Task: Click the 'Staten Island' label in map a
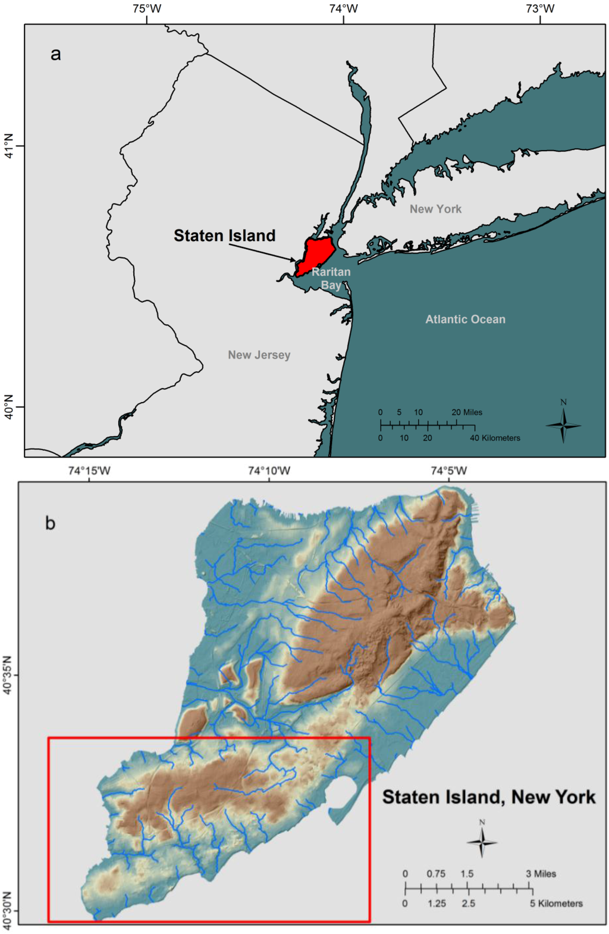click(224, 236)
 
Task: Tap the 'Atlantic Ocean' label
click(465, 319)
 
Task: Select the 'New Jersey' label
click(259, 355)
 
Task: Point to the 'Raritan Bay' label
click(331, 278)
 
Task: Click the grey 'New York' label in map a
click(435, 209)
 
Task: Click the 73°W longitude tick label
click(540, 9)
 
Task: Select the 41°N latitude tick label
click(9, 146)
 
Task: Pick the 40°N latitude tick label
click(9, 407)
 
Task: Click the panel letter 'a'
click(55, 54)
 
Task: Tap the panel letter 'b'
click(51, 523)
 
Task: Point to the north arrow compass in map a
click(563, 423)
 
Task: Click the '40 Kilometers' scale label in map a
click(495, 438)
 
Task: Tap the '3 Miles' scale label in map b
click(541, 874)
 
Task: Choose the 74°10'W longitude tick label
click(269, 471)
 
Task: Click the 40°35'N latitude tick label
click(8, 675)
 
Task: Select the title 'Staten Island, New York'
click(488, 797)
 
